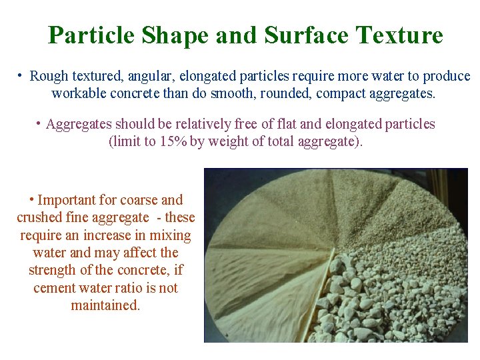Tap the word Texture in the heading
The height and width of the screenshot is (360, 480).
coord(399,35)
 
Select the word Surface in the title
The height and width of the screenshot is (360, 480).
coord(307,35)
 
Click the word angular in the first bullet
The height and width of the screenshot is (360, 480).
coord(143,77)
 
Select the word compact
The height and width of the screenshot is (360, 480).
coord(341,93)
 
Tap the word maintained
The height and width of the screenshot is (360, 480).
coord(105,306)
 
